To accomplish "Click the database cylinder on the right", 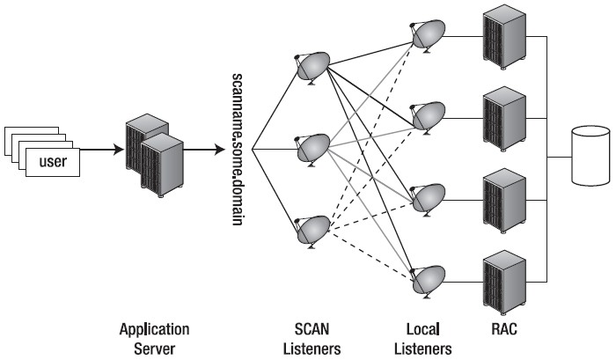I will (590, 156).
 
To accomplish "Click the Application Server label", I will (155, 338).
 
